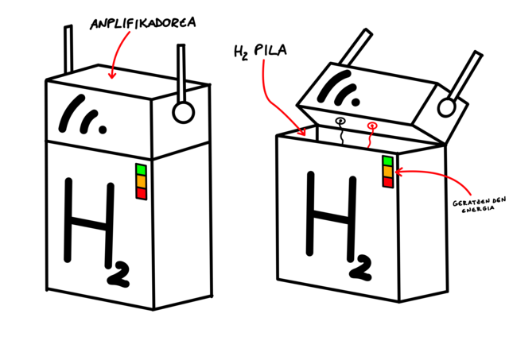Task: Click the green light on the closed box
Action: (141, 169)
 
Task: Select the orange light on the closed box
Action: (141, 181)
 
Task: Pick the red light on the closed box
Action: (141, 193)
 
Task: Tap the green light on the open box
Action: (388, 161)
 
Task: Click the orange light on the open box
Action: (388, 172)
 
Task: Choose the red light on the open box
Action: (388, 183)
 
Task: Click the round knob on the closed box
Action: (183, 112)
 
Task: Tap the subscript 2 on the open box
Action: (360, 268)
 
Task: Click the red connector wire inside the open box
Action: (370, 135)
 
